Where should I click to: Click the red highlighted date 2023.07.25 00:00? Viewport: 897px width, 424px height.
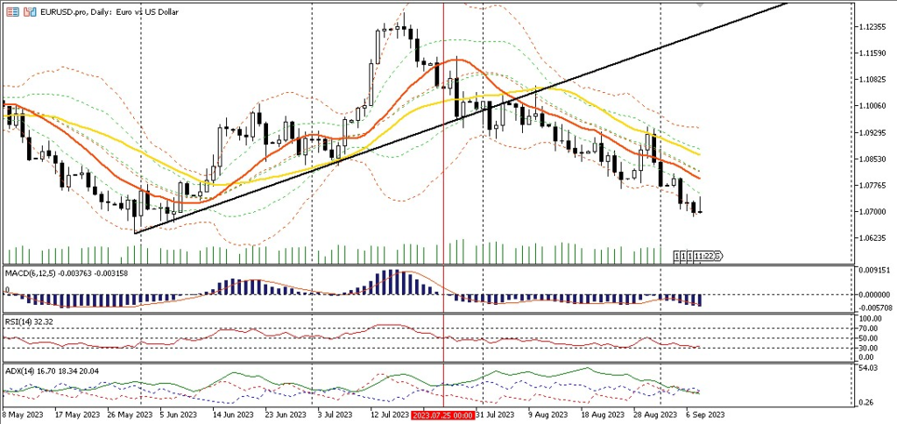point(443,415)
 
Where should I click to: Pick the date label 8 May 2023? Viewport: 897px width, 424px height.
point(23,415)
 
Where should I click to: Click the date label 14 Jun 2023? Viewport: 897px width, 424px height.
point(233,415)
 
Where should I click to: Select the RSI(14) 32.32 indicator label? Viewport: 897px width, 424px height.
point(28,322)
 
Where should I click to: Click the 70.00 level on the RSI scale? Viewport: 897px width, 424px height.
point(871,329)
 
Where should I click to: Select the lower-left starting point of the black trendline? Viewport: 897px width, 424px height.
point(135,233)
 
